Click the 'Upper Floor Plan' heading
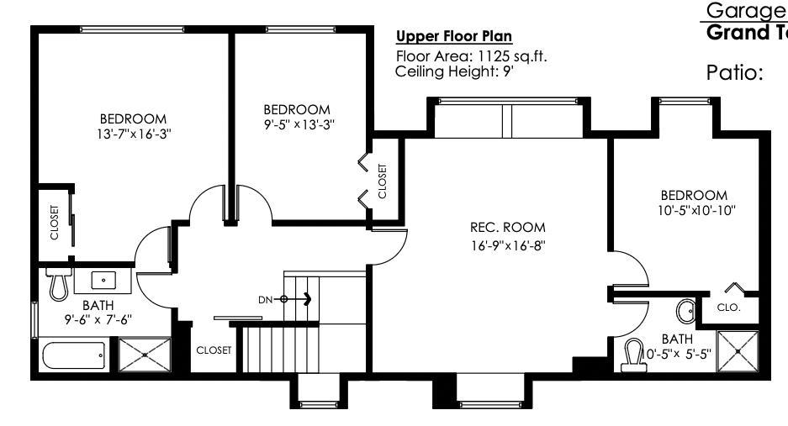(454, 37)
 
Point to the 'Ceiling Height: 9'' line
(454, 71)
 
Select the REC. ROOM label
(507, 227)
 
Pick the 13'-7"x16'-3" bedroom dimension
(133, 133)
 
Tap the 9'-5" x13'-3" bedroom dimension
(296, 124)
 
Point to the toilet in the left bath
(57, 286)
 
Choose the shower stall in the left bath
(145, 355)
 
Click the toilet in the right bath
(633, 354)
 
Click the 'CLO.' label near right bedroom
(728, 308)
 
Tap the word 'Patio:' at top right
(734, 72)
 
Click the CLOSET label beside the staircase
(213, 350)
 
